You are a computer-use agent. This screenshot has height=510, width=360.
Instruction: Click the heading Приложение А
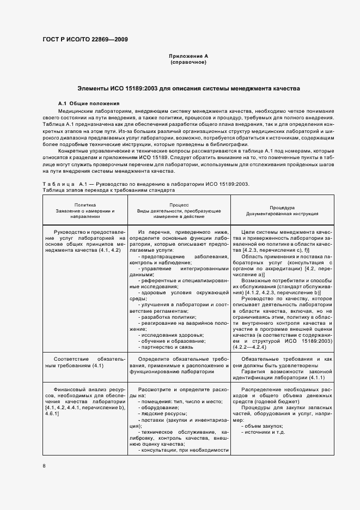click(188, 56)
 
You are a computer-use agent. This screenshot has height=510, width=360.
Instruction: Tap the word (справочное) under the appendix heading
click(188, 63)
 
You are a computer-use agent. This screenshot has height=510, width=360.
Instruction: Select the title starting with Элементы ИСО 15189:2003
click(188, 88)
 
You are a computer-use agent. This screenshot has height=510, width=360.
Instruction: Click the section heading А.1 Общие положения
click(89, 103)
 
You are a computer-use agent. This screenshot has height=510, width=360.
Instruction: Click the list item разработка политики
click(162, 317)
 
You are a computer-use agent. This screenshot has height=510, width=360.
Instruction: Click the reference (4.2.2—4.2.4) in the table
click(250, 347)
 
